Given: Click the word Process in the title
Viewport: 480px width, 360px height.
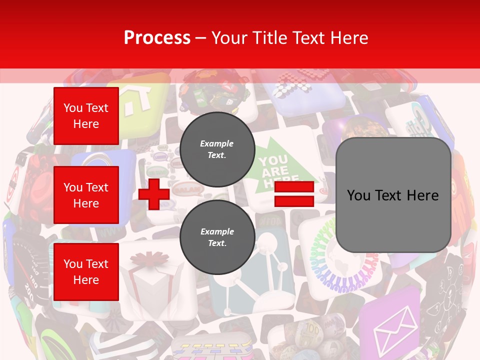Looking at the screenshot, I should coord(157,38).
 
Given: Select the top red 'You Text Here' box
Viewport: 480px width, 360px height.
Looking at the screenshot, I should coord(86,116).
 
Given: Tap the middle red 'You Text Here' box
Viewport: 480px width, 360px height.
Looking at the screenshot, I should coord(86,195).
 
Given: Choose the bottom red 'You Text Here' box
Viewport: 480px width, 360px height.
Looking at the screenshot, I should coord(86,272).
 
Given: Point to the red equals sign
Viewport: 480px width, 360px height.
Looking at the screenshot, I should coord(294,194).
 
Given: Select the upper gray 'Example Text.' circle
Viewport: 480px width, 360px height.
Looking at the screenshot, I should coord(217,149).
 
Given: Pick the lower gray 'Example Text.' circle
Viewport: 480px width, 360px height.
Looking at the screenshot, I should coord(217,237).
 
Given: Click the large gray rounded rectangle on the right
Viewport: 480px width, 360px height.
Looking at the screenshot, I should coord(393,195).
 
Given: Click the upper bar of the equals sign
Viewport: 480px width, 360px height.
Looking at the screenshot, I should coord(294,187).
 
